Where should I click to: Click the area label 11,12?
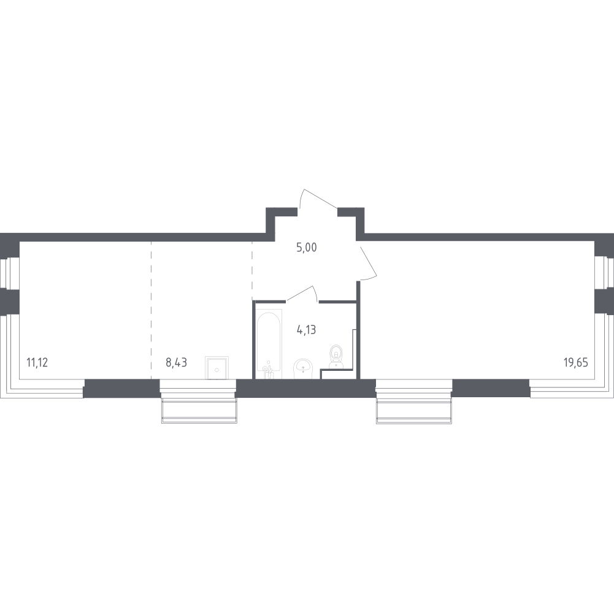[x=37, y=362]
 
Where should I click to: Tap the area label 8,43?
[x=176, y=362]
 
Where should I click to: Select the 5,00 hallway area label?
[x=307, y=248]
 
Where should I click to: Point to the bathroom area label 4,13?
[x=307, y=330]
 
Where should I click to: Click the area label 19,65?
[x=575, y=362]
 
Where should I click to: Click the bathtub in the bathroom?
[x=269, y=344]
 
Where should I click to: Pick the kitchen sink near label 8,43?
[x=217, y=368]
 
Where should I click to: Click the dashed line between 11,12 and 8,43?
[x=151, y=310]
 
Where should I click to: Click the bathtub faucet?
[x=268, y=371]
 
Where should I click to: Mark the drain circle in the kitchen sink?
[x=217, y=370]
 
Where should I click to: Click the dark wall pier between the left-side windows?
[x=10, y=302]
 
